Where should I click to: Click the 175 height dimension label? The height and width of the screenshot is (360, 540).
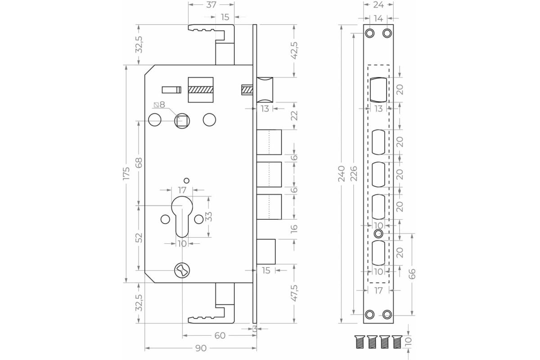tap(126, 173)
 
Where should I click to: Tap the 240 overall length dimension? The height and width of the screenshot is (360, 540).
tap(342, 174)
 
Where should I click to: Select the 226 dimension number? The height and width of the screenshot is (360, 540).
tap(354, 174)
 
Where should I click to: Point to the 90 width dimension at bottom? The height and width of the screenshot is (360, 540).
tap(201, 348)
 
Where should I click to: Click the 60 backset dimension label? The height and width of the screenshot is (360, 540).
tap(220, 335)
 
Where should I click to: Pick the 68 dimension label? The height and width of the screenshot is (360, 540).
tap(139, 163)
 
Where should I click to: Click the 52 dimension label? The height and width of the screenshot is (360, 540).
tap(139, 238)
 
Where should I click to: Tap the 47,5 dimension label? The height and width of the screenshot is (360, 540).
tap(294, 293)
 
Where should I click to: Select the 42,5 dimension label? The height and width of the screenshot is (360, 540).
tap(294, 50)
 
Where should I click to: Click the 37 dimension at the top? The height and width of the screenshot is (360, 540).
tap(211, 4)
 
